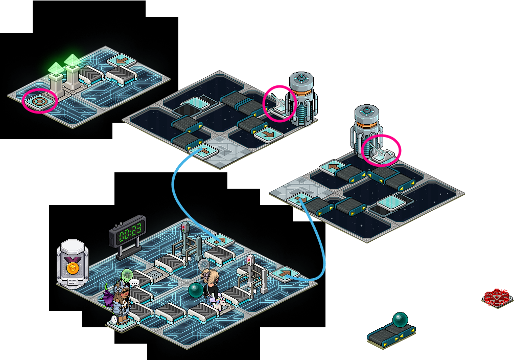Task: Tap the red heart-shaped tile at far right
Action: click(497, 297)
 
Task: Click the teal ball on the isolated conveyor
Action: click(400, 320)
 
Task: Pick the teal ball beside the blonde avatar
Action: click(196, 290)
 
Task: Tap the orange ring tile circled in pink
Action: click(40, 101)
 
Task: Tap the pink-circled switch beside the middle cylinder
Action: click(279, 104)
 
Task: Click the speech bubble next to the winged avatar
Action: click(134, 282)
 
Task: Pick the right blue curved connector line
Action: click(320, 240)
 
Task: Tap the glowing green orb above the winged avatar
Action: click(127, 275)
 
